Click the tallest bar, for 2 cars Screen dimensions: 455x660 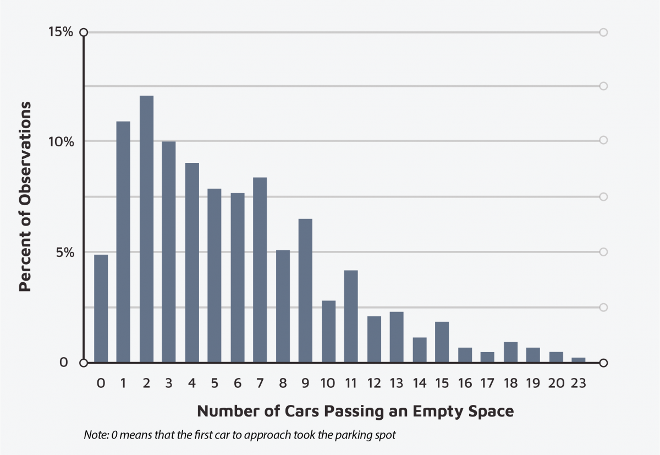pos(146,229)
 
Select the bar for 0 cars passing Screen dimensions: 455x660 pos(101,308)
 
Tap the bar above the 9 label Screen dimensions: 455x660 pos(305,290)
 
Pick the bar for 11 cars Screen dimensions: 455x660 pos(351,316)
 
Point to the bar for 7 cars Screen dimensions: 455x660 pos(260,270)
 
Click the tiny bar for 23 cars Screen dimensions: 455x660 pos(579,360)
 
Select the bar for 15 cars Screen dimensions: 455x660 pos(442,342)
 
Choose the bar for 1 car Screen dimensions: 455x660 pos(123,242)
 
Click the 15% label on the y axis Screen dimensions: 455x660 pos(60,32)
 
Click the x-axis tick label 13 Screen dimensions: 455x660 pos(396,383)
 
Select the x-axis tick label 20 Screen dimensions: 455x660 pos(555,383)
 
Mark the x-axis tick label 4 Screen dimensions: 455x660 pos(191,383)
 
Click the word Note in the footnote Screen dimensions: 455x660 pos(95,435)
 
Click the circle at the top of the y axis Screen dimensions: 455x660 pos(84,32)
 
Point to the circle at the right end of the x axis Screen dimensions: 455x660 pos(603,363)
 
